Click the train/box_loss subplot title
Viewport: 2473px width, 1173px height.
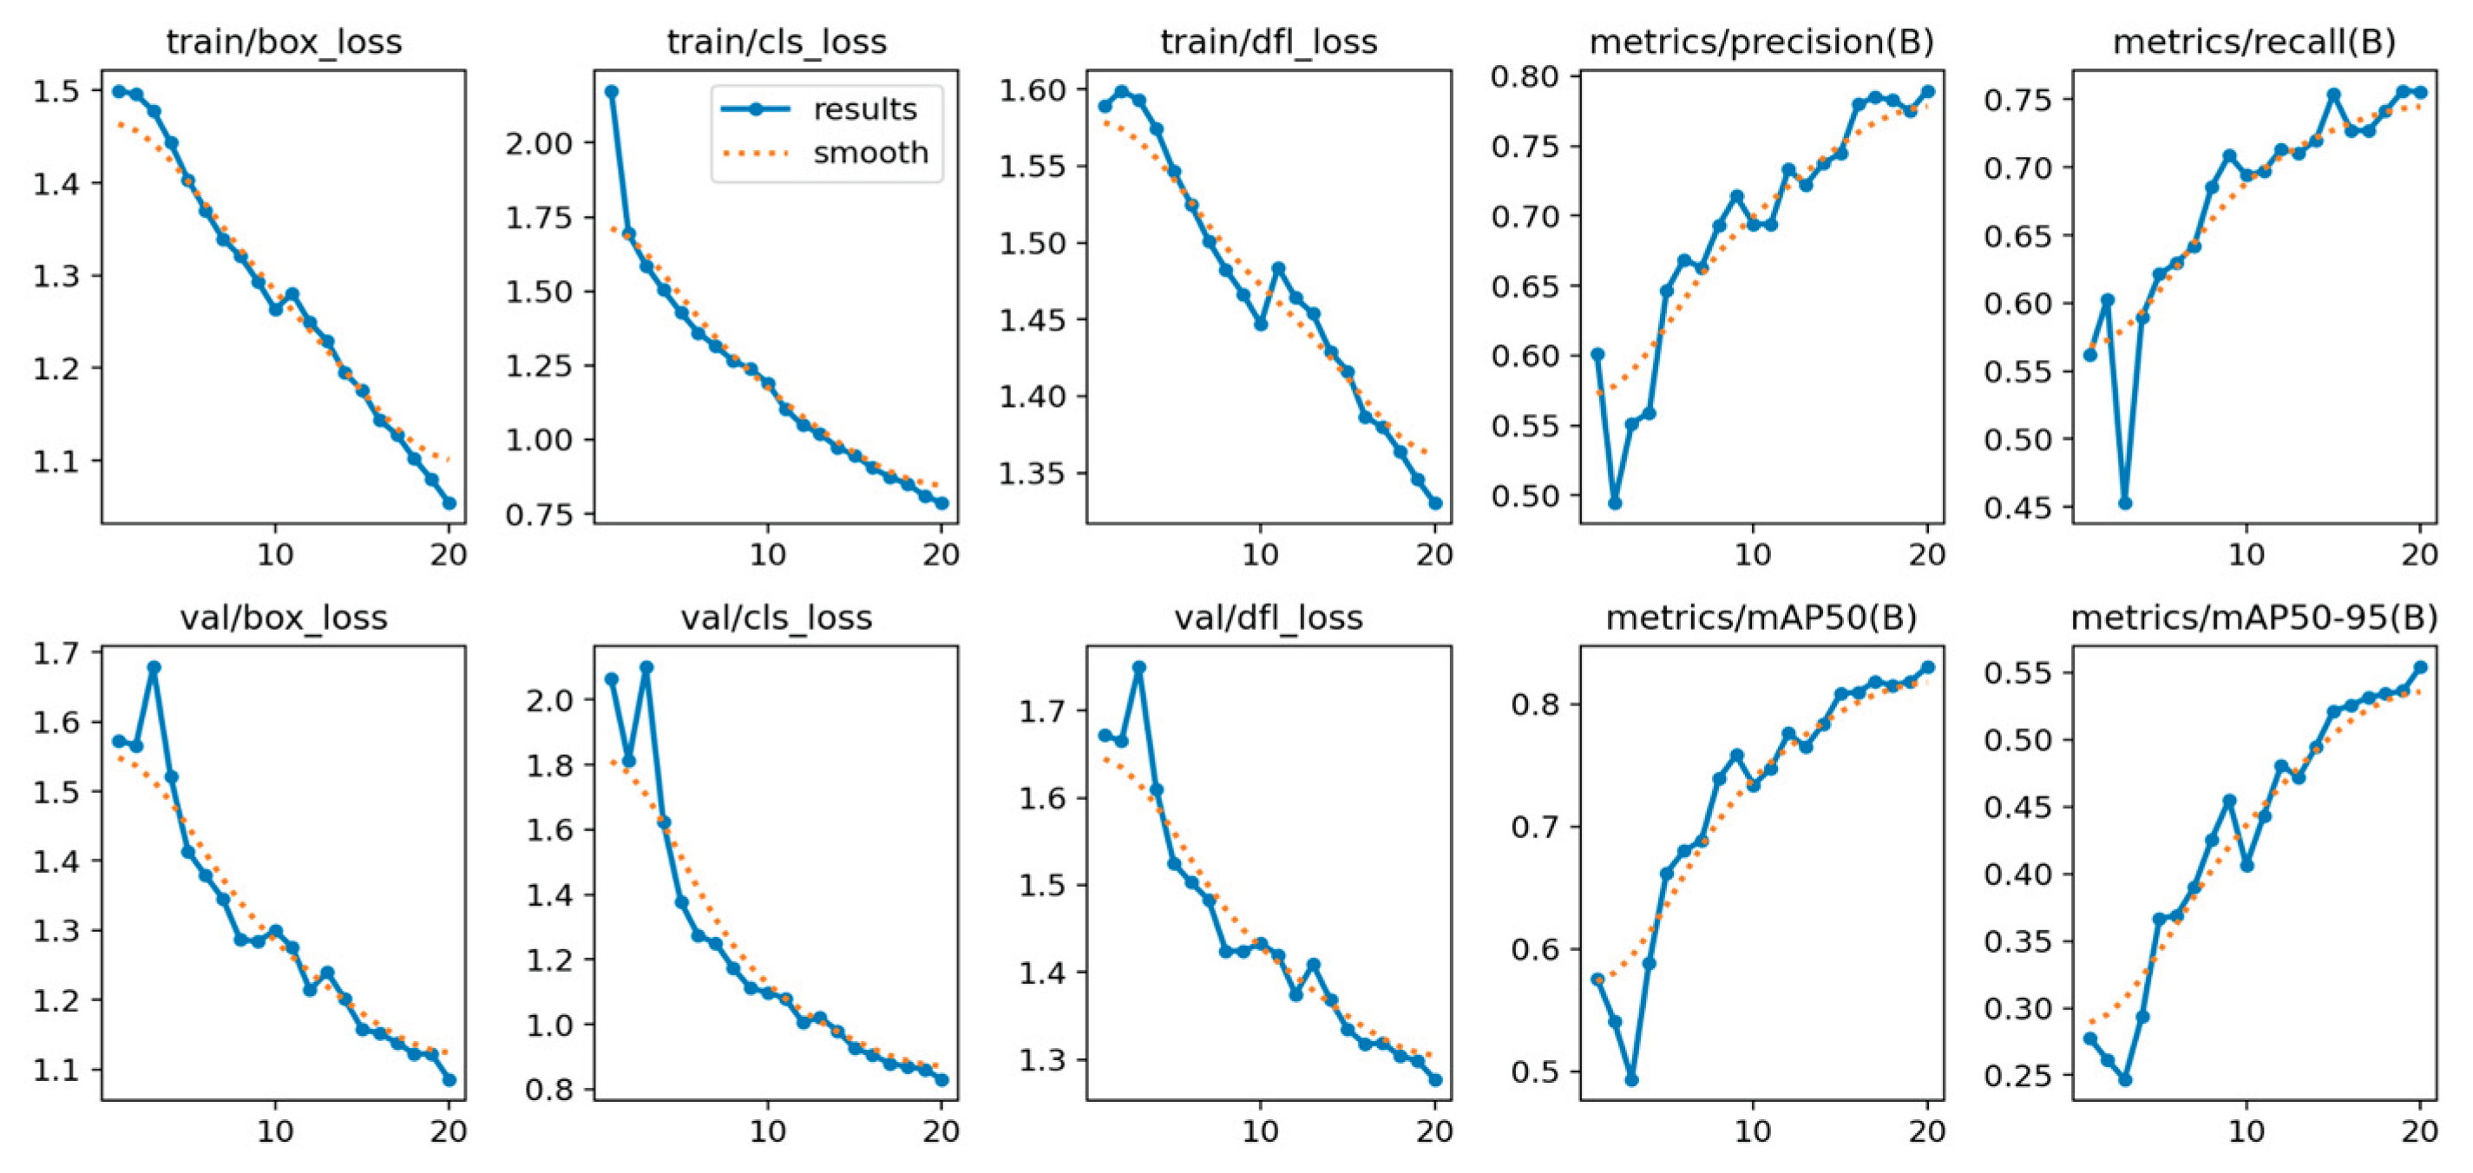click(284, 43)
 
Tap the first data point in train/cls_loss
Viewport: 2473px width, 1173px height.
click(612, 91)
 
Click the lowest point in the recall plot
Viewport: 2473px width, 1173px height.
click(2125, 503)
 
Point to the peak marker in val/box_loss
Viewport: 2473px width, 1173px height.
click(154, 667)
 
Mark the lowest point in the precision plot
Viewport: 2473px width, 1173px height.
click(1615, 503)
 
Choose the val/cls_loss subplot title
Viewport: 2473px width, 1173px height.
click(776, 617)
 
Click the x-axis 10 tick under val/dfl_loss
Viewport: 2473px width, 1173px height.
click(1260, 1130)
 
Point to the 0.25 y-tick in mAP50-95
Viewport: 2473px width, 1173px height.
click(2016, 1076)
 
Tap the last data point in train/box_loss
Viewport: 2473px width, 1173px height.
click(449, 503)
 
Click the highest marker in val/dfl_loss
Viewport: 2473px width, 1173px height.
click(1139, 667)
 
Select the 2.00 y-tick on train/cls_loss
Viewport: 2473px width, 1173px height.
click(539, 143)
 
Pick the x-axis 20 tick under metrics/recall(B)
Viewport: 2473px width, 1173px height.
click(2419, 554)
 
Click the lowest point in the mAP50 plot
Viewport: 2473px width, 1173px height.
click(1632, 1080)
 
